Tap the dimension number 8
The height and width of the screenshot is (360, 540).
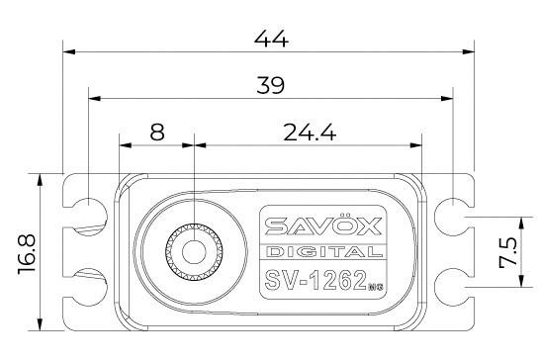point(156,132)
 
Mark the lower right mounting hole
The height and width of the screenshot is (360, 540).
point(451,280)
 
